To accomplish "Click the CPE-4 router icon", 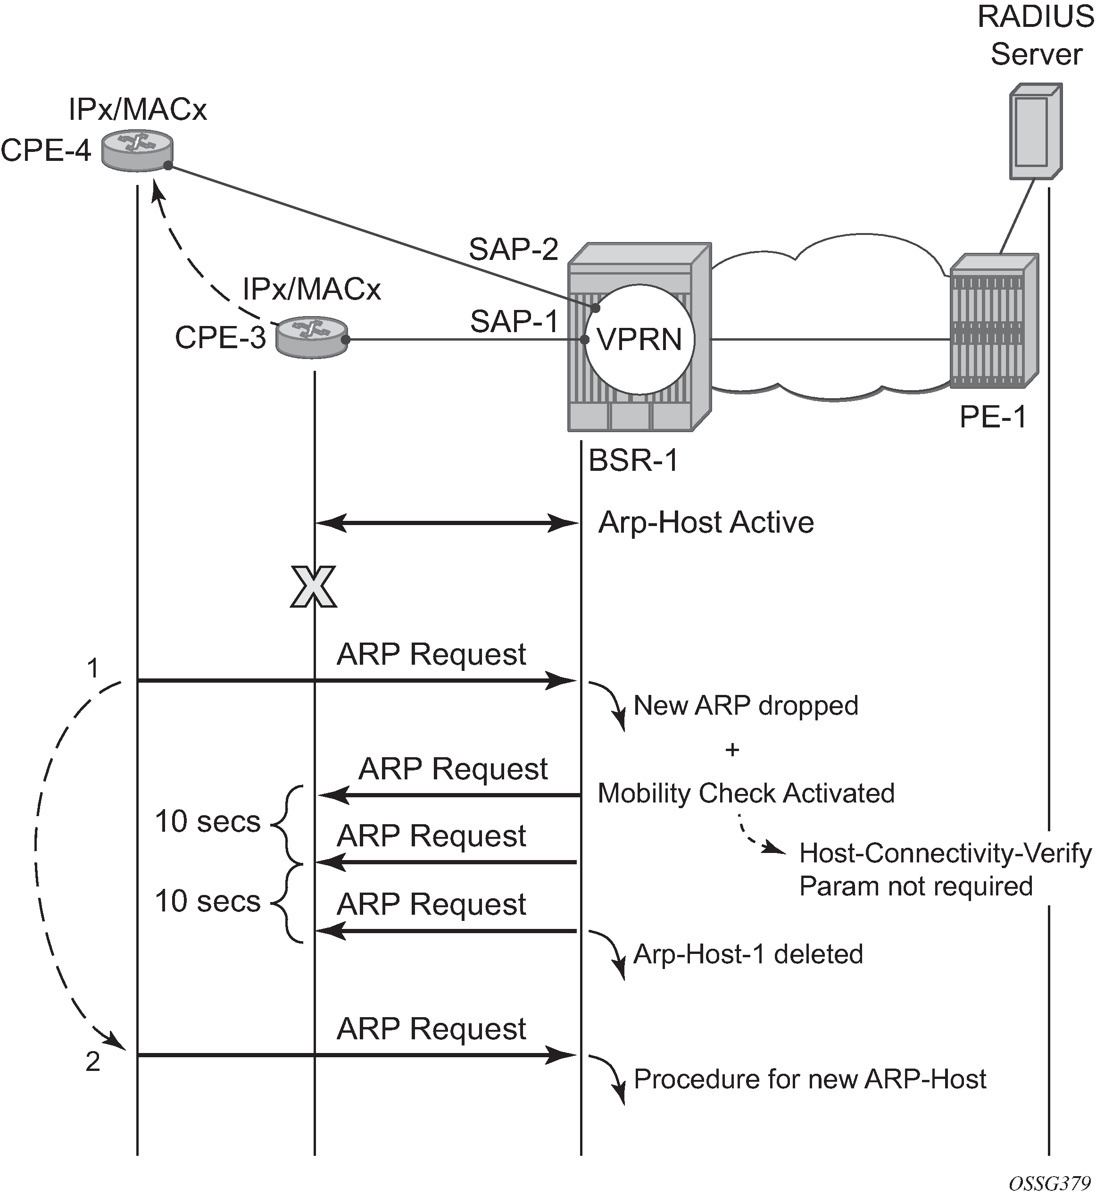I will [x=137, y=150].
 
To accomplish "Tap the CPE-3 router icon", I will [x=312, y=337].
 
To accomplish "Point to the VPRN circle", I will [x=639, y=339].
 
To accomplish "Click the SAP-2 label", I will [x=514, y=249].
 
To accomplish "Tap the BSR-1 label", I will [x=633, y=460].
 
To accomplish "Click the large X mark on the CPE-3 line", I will [x=313, y=587].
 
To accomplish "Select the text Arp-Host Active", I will [x=706, y=523].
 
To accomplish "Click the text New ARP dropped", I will [x=746, y=705].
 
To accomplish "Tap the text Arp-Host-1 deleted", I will [x=748, y=954].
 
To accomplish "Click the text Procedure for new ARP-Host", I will [x=810, y=1078].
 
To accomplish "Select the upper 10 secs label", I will [x=208, y=822].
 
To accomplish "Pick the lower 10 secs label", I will [x=208, y=901].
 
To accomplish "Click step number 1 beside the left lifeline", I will [x=92, y=668].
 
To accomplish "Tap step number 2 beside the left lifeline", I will [x=92, y=1062].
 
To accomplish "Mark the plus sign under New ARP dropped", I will [x=732, y=750].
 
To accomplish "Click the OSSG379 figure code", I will [x=1050, y=1183].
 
